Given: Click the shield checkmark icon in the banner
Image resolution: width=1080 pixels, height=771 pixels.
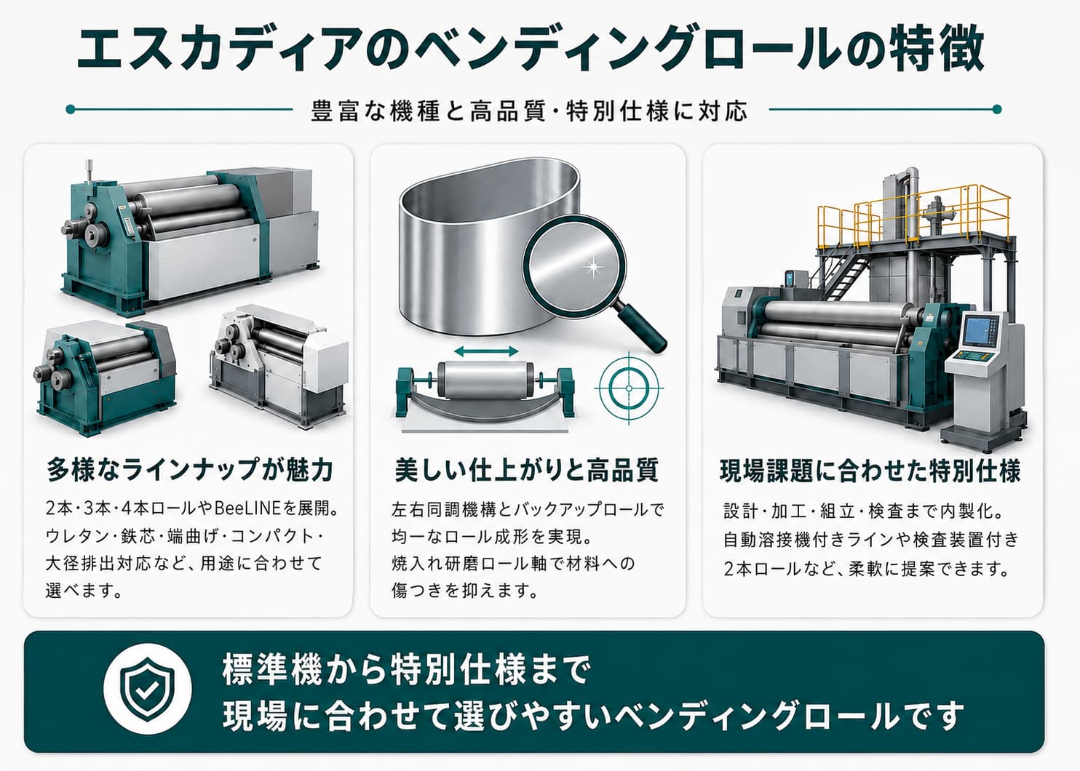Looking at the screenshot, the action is [x=148, y=689].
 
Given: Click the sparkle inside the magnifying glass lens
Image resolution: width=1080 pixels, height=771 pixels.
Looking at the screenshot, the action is [x=592, y=266].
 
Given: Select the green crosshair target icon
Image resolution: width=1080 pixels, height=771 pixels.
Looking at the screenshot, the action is [x=629, y=388].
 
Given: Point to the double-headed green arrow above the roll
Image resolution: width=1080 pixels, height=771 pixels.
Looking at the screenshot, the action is [x=486, y=351].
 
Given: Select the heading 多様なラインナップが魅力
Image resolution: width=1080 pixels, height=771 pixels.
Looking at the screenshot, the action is [x=190, y=469].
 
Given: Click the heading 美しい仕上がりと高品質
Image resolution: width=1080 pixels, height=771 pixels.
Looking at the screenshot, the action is [x=526, y=470].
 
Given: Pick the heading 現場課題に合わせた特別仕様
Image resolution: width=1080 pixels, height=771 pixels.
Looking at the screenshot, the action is [x=870, y=471].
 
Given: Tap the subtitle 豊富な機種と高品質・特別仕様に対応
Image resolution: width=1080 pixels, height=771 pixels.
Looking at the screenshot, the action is [x=529, y=111].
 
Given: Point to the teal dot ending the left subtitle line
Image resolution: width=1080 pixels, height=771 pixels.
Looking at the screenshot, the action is [x=71, y=109].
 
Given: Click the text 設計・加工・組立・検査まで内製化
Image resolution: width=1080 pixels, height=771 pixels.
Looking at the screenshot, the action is [x=863, y=511].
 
